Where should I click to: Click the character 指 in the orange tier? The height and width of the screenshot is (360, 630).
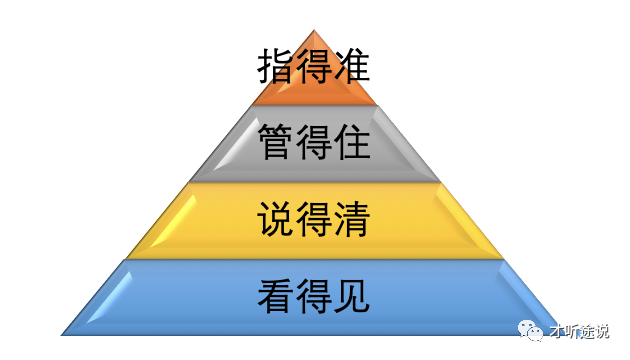pyautogui.click(x=276, y=67)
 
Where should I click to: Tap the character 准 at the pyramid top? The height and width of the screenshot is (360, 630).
pyautogui.click(x=352, y=67)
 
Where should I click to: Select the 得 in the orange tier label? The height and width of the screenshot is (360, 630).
pyautogui.click(x=314, y=67)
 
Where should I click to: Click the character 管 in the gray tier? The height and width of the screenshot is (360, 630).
pyautogui.click(x=276, y=143)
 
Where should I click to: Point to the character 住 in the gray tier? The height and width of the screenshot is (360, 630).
pyautogui.click(x=352, y=143)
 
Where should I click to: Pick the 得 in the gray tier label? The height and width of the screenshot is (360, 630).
pyautogui.click(x=314, y=143)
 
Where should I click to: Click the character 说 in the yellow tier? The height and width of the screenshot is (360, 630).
pyautogui.click(x=276, y=220)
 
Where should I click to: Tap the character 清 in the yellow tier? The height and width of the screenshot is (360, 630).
pyautogui.click(x=352, y=220)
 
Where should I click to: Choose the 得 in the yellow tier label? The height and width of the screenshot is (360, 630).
pyautogui.click(x=314, y=220)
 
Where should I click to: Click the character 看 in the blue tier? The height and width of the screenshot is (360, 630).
pyautogui.click(x=276, y=296)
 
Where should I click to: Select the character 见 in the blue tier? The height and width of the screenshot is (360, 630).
pyautogui.click(x=352, y=296)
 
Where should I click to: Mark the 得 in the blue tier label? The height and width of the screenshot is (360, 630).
pyautogui.click(x=314, y=296)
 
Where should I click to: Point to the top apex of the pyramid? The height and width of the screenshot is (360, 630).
pyautogui.click(x=314, y=30)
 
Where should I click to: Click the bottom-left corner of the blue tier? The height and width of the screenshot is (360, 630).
pyautogui.click(x=62, y=334)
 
